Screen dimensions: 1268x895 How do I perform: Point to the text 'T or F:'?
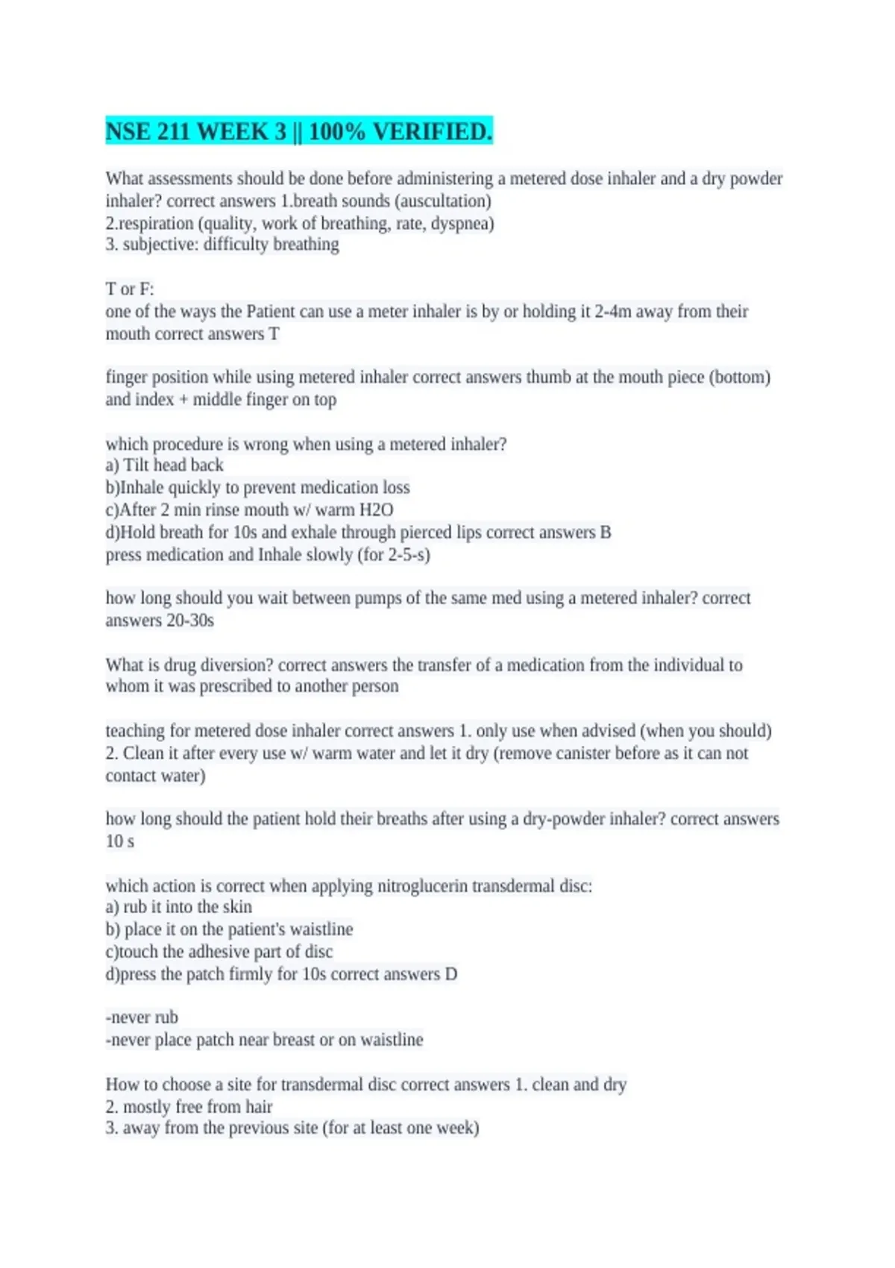pyautogui.click(x=130, y=289)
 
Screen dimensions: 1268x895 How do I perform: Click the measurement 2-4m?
pyautogui.click(x=612, y=311)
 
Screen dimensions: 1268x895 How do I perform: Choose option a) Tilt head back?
pyautogui.click(x=165, y=465)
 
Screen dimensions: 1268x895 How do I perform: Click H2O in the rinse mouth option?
pyautogui.click(x=377, y=510)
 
